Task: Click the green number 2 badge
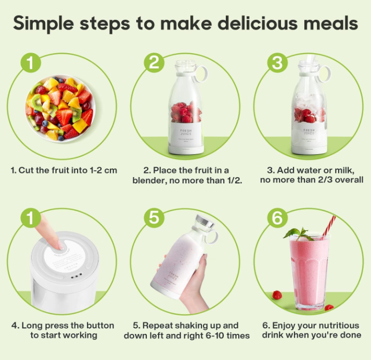[x=155, y=63]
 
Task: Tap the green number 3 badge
[x=277, y=63]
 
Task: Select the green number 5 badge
[x=155, y=218]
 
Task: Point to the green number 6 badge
[x=277, y=218]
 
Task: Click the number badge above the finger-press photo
[x=32, y=218]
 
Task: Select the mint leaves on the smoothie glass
[x=298, y=233]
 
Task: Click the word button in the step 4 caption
[x=99, y=325]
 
